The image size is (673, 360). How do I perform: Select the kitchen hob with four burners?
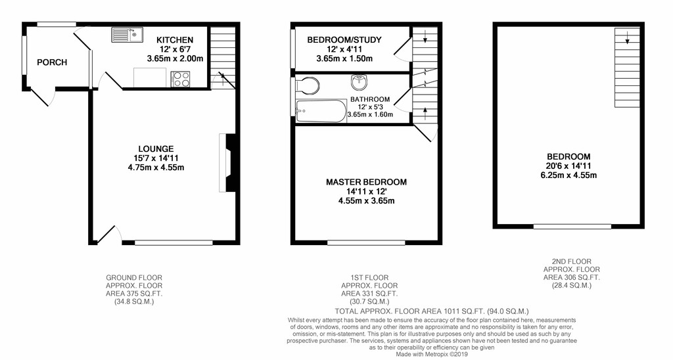tap(180, 79)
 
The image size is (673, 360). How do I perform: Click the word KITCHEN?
tap(174, 39)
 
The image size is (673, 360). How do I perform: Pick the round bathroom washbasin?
tap(360, 83)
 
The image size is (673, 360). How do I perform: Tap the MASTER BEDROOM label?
tap(366, 182)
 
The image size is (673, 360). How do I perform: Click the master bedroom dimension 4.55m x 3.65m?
tap(366, 201)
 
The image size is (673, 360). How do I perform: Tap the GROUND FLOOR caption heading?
tap(134, 277)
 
